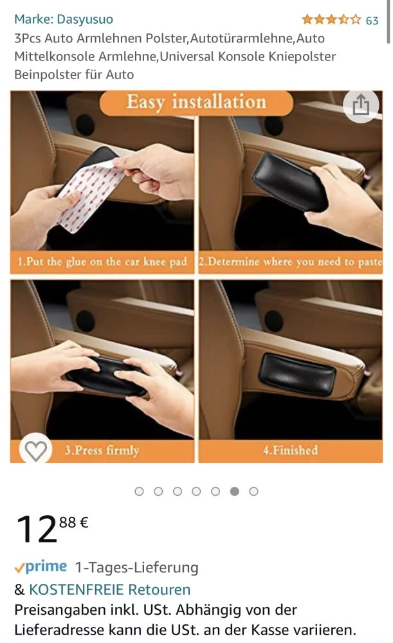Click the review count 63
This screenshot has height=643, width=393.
pos(372,20)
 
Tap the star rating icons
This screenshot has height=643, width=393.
pos(331,19)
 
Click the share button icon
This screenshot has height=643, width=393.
pos(361,106)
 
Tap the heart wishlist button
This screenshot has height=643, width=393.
pos(35,450)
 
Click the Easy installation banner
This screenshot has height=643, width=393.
pos(196,102)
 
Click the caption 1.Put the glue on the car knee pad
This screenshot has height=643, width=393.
pos(102,262)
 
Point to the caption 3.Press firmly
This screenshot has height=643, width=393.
pos(102,450)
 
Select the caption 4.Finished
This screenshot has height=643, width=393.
pos(291,450)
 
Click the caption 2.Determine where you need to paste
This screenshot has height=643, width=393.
pos(291,262)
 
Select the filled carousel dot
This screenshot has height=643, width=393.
pos(235,491)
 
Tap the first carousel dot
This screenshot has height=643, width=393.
pos(140,491)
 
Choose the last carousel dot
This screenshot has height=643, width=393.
pos(253,491)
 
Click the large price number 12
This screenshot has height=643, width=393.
pos(37,529)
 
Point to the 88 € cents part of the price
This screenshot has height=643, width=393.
pos(74,522)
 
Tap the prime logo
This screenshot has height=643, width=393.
pos(41,566)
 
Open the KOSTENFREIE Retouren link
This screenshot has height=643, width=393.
pos(109,589)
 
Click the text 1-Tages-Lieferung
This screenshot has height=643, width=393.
pos(136,568)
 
